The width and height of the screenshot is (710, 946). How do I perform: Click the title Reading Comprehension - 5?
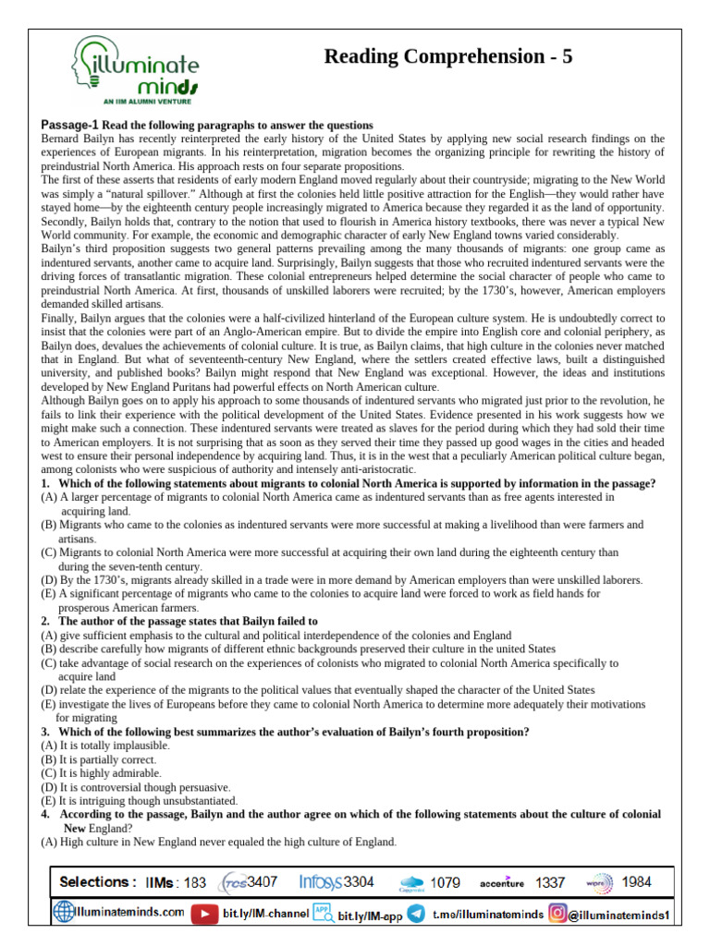[x=448, y=56]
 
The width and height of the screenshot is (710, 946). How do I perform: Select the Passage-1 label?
[x=69, y=125]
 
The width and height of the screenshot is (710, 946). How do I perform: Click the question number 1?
[x=45, y=484]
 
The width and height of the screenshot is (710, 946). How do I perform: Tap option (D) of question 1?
[x=49, y=580]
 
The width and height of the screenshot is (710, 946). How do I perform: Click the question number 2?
[x=45, y=622]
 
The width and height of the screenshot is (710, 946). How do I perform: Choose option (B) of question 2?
[x=49, y=649]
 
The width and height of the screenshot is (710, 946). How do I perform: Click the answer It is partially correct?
[x=107, y=759]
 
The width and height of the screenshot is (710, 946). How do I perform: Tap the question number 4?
[x=45, y=815]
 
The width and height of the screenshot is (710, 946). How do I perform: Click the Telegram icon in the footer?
[x=416, y=914]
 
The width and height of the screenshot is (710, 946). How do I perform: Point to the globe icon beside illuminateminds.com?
[x=64, y=913]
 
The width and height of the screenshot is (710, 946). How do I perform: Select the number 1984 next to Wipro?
[x=636, y=882]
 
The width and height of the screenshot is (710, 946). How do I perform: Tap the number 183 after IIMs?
[x=195, y=883]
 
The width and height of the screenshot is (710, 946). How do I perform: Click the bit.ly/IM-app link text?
[x=369, y=916]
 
